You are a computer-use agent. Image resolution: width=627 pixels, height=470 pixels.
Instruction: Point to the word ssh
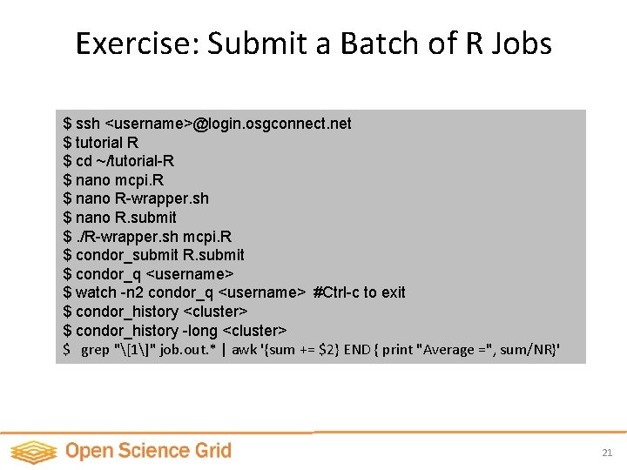tap(88, 124)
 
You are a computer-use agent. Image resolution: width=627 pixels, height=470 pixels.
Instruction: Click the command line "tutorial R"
tap(107, 142)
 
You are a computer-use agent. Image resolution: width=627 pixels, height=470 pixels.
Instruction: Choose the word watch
tap(95, 292)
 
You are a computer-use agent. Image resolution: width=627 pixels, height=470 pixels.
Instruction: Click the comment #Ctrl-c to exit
tap(359, 292)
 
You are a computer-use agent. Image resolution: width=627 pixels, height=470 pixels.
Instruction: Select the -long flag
tap(200, 331)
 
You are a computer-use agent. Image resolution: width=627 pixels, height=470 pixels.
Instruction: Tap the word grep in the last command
tap(95, 351)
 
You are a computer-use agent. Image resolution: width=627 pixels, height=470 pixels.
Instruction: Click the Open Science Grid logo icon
tap(33, 452)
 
